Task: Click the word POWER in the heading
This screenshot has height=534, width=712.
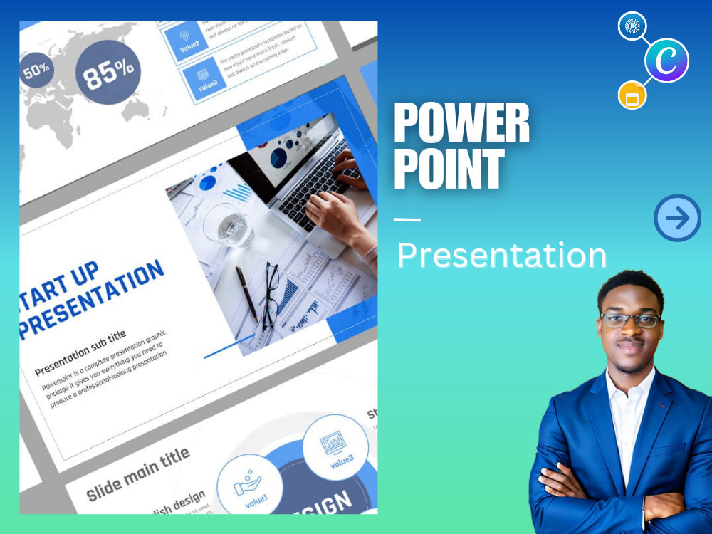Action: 461,124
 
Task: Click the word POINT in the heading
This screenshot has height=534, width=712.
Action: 449,169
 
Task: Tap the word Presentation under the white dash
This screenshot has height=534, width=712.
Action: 501,255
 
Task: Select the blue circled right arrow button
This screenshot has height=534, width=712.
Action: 677,218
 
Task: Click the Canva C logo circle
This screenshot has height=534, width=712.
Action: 666,61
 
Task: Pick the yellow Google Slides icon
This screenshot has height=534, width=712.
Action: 632,95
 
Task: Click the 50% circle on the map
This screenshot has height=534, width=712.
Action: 36,70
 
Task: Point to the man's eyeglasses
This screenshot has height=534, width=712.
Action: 629,320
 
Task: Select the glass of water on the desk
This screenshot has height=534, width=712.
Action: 227,225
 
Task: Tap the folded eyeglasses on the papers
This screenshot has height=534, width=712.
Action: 271,295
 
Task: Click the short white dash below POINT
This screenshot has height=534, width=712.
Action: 407,219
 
